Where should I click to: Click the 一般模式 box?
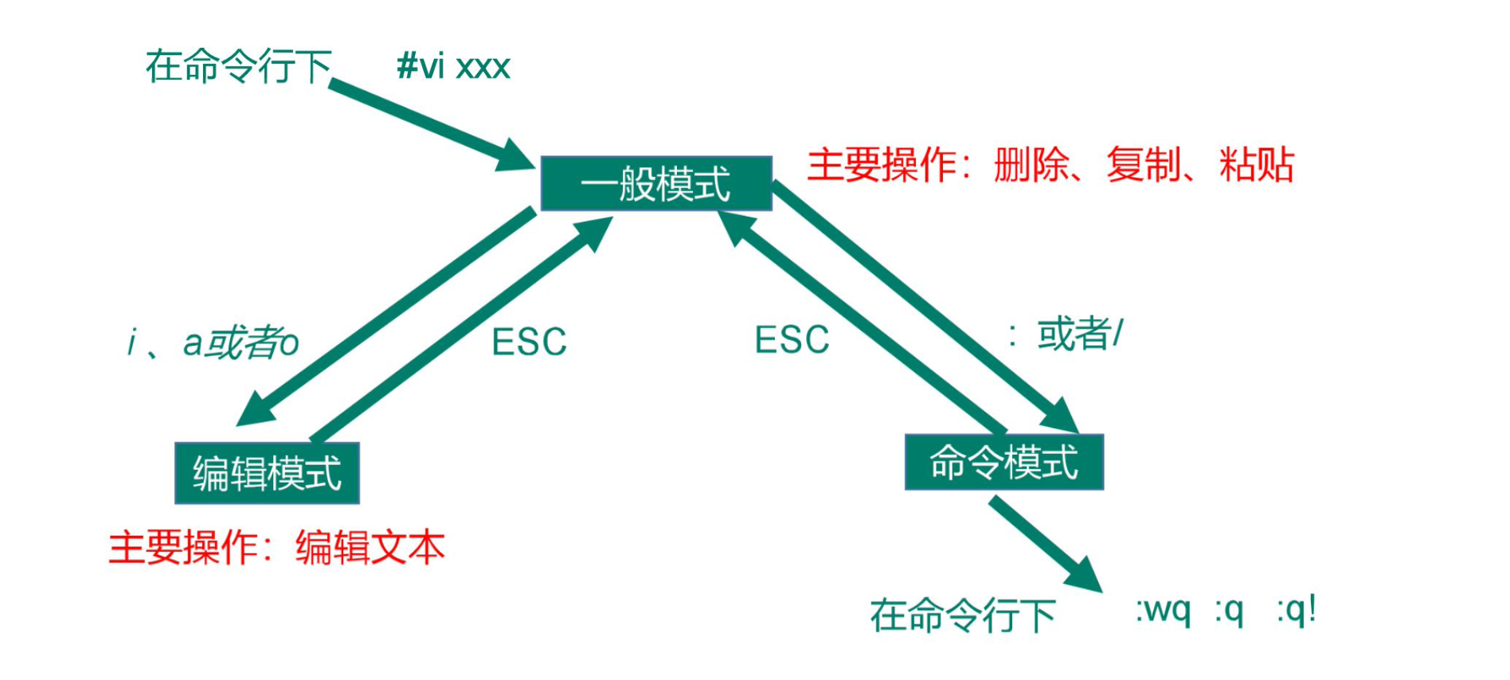point(656,183)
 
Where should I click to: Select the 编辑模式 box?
point(267,473)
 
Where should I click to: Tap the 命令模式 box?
point(1004,462)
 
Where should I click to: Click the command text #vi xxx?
point(453,66)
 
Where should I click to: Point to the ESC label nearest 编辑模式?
point(529,342)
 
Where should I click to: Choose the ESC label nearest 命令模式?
point(792,340)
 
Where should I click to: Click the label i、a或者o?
point(213,343)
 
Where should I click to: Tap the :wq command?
point(1163,611)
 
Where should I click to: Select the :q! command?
point(1296,611)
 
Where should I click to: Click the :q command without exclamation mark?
point(1229,612)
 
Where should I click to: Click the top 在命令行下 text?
point(238,66)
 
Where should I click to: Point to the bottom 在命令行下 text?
point(963,616)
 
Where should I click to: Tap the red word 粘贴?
point(1257,166)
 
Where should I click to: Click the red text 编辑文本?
point(370,548)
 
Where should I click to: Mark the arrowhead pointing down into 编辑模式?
point(256,408)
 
